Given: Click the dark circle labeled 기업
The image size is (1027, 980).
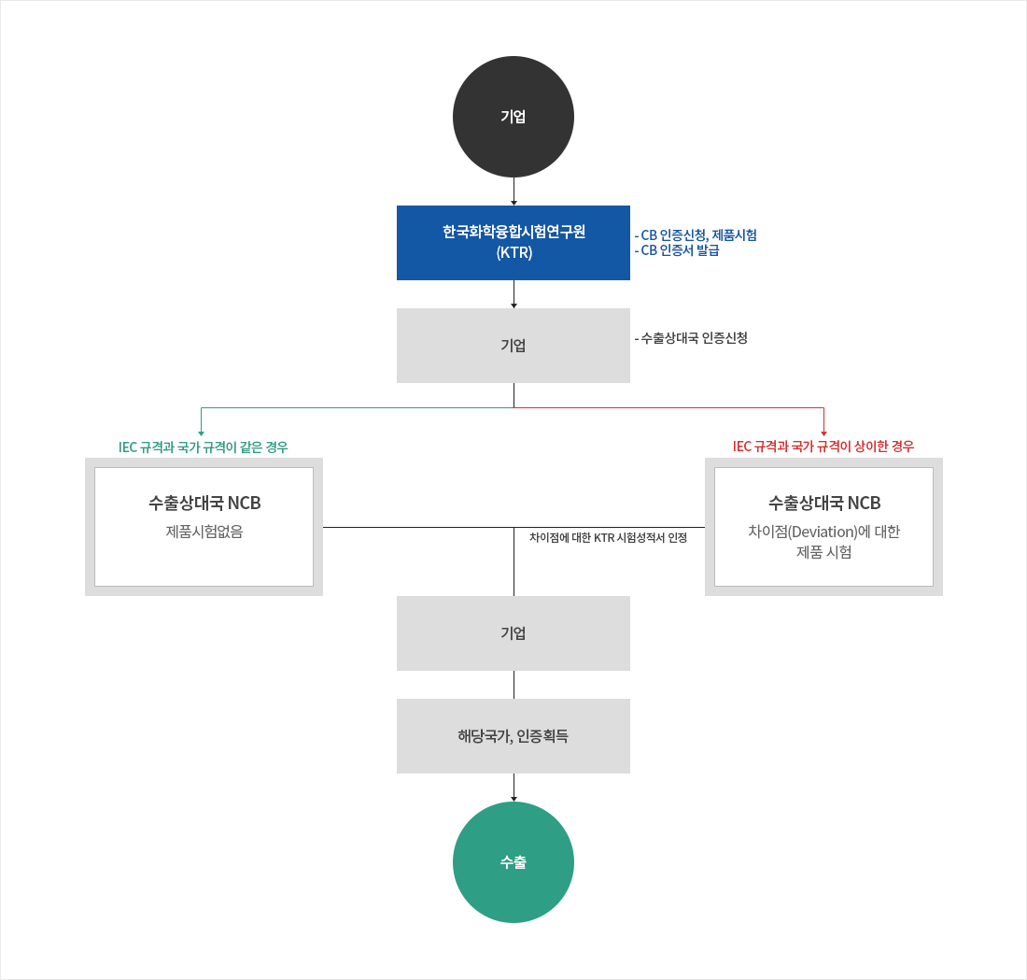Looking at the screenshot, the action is pos(513,117).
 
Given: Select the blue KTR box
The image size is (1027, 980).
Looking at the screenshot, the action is pos(513,243).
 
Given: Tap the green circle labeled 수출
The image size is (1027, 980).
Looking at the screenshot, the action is pos(513,862).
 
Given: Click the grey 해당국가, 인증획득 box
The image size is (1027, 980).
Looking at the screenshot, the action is pos(513,736).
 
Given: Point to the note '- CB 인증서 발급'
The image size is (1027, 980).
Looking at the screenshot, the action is pos(677,250).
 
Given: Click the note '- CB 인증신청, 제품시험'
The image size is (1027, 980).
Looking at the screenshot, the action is pos(696,234).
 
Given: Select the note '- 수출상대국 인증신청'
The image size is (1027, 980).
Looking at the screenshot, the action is pos(691,338).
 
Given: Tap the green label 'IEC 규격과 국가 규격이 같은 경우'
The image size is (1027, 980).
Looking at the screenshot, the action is pos(203,447).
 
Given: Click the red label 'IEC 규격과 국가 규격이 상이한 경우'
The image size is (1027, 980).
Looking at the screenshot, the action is pos(823,447).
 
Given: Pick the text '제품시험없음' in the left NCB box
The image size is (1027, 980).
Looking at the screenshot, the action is pos(204,532).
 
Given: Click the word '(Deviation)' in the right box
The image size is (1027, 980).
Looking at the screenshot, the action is pos(823,532).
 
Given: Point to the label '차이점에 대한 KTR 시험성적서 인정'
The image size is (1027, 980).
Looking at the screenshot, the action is pos(608,537).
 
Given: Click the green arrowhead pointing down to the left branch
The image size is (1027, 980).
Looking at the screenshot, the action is pos(201,433).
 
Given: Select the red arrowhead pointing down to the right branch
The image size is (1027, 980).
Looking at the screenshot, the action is pos(823,433).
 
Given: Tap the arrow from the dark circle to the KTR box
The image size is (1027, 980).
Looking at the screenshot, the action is pos(513,192).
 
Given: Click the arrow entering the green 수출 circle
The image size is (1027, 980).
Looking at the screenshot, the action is pos(513,788).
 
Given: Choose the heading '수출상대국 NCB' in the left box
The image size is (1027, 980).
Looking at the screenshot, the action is pos(204,503).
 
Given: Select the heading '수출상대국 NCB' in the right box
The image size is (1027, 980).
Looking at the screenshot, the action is pos(824,503).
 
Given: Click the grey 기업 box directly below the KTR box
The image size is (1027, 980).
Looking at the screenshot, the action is pos(513,346).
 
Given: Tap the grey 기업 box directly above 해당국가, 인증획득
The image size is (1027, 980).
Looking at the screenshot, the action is pos(513,633).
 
